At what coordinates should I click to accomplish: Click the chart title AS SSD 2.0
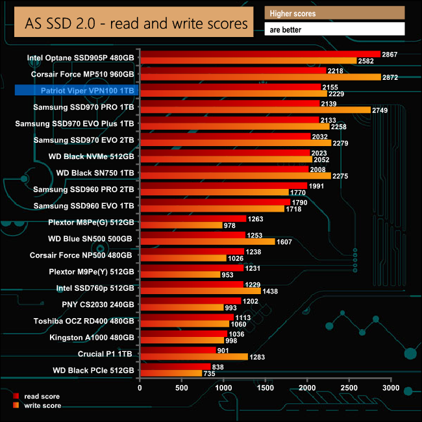(x=136, y=24)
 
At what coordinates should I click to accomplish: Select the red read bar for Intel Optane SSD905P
(x=260, y=54)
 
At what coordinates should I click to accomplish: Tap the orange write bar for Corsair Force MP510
(x=260, y=77)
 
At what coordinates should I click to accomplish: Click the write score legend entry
(x=40, y=405)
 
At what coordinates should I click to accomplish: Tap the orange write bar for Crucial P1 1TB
(x=193, y=356)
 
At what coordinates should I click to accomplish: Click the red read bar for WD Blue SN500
(x=192, y=235)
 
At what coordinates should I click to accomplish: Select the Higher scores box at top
(x=334, y=13)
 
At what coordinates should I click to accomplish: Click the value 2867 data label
(x=391, y=54)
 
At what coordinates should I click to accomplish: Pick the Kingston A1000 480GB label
(x=92, y=337)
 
